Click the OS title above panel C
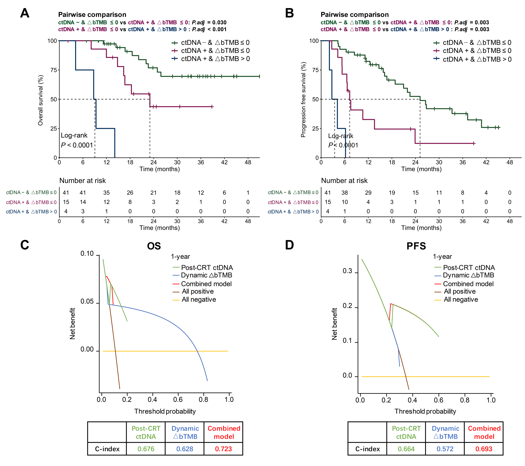tap(154, 246)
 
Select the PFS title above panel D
tap(416, 246)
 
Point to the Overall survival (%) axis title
tap(40, 100)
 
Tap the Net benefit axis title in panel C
tap(72, 324)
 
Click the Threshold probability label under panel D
tap(425, 411)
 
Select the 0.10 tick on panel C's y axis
tap(87, 254)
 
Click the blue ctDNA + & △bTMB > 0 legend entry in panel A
tap(215, 59)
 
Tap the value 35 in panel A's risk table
tap(106, 193)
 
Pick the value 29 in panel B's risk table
tap(368, 193)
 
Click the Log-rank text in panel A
tap(74, 135)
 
